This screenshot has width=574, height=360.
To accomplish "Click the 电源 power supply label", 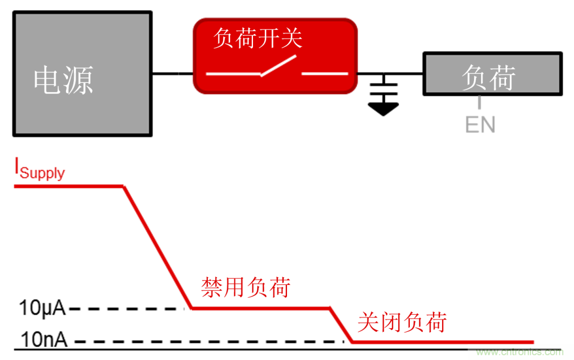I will pyautogui.click(x=63, y=80).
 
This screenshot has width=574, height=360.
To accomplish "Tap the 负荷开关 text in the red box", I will pyautogui.click(x=257, y=39).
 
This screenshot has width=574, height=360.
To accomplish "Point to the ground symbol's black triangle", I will pyautogui.click(x=383, y=109).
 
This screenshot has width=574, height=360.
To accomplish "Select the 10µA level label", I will pyautogui.click(x=43, y=308).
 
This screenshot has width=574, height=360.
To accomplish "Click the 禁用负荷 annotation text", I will pyautogui.click(x=246, y=288).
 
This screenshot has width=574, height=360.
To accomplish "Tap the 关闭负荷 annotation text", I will pyautogui.click(x=401, y=322).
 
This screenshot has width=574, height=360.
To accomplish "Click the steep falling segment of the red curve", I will pyautogui.click(x=157, y=247).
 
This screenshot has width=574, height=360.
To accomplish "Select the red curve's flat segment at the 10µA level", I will pyautogui.click(x=260, y=308).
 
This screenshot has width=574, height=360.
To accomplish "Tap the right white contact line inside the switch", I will pyautogui.click(x=324, y=73).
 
